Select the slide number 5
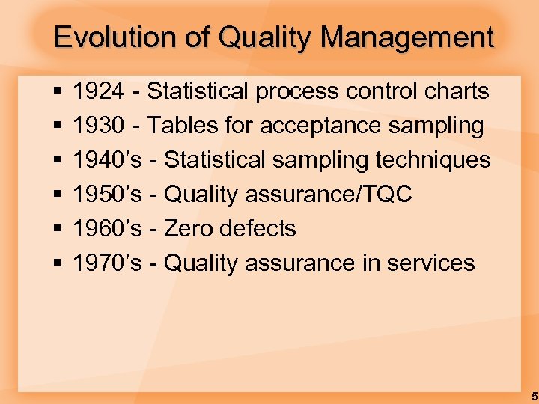[x=531, y=394]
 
